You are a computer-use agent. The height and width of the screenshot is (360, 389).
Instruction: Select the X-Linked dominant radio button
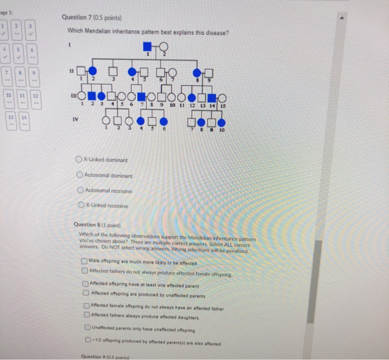coord(81,160)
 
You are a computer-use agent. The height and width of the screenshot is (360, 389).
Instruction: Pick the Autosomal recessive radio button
coord(81,191)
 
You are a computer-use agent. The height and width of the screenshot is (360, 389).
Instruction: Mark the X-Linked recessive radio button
coord(81,206)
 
